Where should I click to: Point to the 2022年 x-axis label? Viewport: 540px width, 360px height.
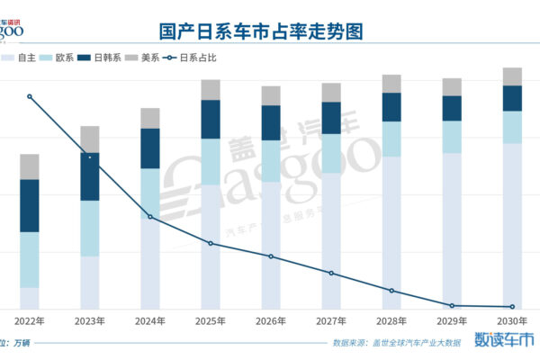click(30, 320)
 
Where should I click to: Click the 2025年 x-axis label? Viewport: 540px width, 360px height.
click(211, 320)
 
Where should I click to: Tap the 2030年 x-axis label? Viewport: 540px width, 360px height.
click(512, 320)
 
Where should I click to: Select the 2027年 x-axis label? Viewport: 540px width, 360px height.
click(331, 320)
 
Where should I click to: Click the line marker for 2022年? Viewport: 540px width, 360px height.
click(30, 96)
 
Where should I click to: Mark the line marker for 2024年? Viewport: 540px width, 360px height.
click(150, 216)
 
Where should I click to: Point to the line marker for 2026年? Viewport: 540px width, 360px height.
click(271, 256)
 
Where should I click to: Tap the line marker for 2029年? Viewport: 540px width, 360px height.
click(452, 306)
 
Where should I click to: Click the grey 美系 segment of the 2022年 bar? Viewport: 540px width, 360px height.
click(30, 166)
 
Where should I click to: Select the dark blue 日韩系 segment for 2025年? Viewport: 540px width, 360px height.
click(211, 119)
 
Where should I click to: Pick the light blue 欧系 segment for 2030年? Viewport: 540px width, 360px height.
click(512, 127)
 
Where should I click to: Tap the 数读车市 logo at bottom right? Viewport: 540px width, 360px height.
click(504, 341)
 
